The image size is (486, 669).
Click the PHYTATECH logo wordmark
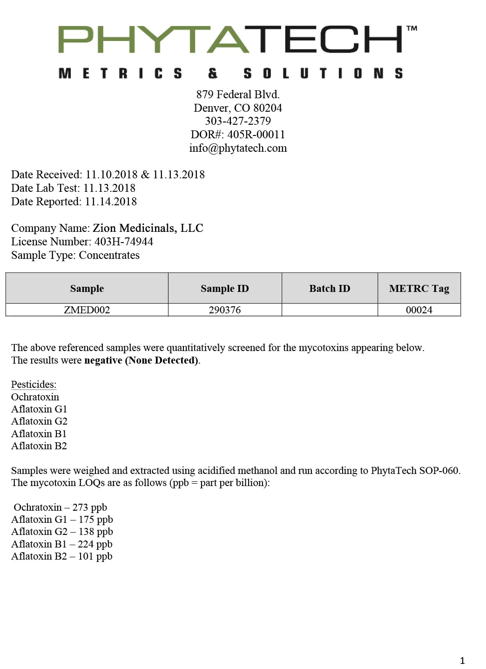point(230,40)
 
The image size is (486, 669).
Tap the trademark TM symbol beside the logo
point(412,29)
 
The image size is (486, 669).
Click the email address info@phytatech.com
point(238,148)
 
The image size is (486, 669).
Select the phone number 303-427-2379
point(238,121)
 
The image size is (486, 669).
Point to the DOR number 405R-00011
point(256,135)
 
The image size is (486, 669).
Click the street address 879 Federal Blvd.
point(238,95)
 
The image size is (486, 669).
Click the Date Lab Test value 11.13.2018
point(109,188)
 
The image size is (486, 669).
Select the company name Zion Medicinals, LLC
point(148,228)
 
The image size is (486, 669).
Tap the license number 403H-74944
point(124,242)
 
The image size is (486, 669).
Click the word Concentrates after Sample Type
point(109,255)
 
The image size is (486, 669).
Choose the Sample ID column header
point(225,289)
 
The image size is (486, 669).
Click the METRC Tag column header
point(419,289)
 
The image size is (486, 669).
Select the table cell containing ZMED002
point(87,310)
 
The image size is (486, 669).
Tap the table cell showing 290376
point(225,310)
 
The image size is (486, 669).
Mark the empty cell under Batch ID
point(330,310)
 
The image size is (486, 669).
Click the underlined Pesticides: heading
point(34,385)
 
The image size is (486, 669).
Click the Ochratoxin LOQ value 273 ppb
point(90,507)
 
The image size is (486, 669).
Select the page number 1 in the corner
point(462,660)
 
